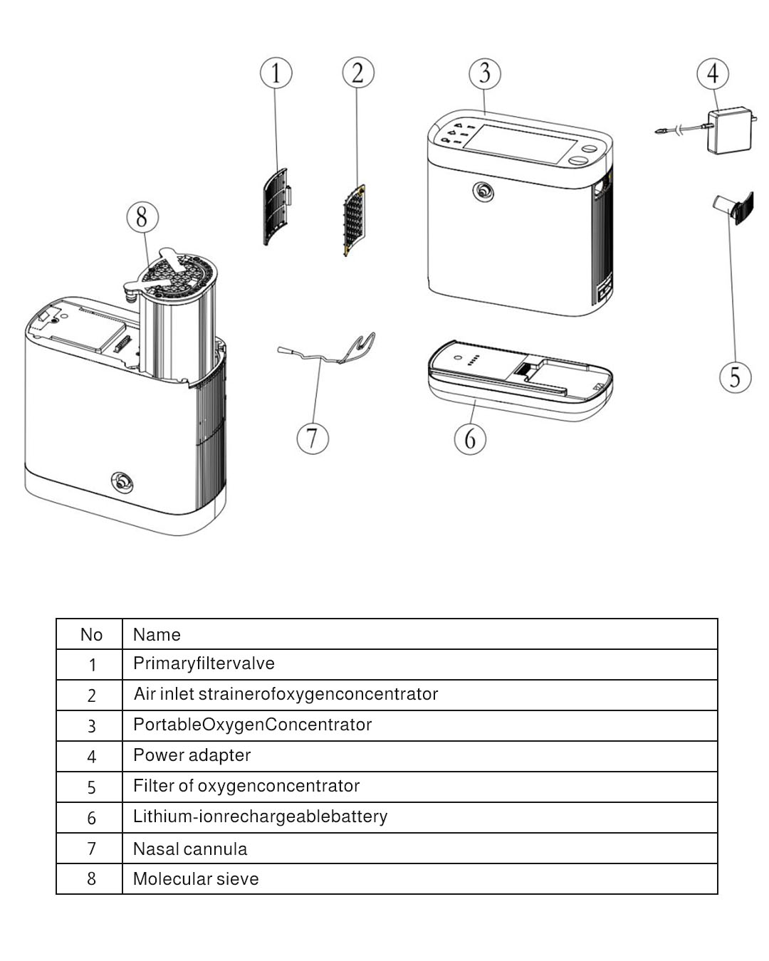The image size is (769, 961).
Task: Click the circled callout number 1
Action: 276,73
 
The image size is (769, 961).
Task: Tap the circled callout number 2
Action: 357,73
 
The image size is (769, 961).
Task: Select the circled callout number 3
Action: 485,73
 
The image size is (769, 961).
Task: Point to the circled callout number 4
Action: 713,73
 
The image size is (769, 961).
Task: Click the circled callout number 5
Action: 735,377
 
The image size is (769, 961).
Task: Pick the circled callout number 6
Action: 470,439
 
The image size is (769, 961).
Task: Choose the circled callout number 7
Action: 313,437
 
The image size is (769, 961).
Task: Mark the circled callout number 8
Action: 142,216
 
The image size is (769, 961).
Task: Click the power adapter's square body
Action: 729,130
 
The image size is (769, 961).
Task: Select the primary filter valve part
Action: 277,206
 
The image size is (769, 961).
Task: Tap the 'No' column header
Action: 90,634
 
